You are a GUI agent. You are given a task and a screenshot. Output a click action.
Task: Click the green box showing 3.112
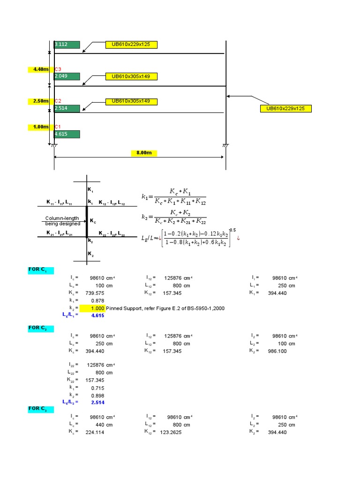click(x=67, y=45)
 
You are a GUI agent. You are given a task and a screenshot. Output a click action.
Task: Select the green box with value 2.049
click(x=67, y=76)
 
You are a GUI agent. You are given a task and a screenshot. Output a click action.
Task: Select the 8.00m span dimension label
click(x=143, y=153)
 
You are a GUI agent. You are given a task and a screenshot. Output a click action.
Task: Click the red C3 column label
click(x=58, y=69)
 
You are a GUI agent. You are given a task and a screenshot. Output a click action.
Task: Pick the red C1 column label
click(x=58, y=127)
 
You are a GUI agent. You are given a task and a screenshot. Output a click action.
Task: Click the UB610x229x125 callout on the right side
click(x=285, y=109)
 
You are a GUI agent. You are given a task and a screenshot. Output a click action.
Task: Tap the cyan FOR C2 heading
click(x=40, y=328)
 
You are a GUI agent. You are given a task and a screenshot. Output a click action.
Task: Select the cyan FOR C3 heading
click(x=40, y=409)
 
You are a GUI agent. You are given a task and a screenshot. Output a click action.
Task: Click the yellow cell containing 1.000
click(x=92, y=308)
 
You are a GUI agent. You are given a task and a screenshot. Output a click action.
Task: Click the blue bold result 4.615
click(x=97, y=316)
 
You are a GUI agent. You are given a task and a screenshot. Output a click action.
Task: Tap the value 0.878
click(x=97, y=300)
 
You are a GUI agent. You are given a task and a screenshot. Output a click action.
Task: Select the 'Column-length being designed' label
click(x=63, y=221)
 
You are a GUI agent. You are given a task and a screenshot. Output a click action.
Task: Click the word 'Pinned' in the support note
click(x=115, y=308)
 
